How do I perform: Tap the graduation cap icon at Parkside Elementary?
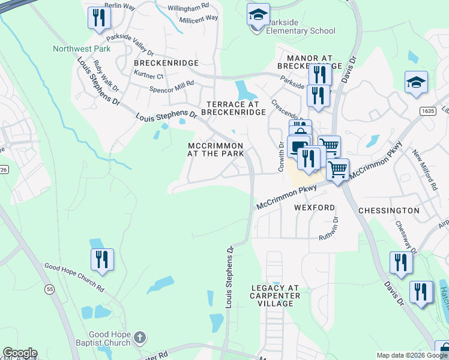click(x=258, y=15)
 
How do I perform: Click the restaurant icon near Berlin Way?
click(x=98, y=18)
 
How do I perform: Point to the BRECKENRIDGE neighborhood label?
click(x=157, y=62)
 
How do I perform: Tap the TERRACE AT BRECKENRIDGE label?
click(x=236, y=108)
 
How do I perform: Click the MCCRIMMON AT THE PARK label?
click(x=215, y=149)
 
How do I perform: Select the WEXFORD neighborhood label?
click(x=314, y=208)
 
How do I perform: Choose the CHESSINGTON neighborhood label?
click(x=388, y=211)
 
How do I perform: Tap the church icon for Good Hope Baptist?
click(x=139, y=337)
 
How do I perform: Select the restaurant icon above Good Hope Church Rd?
click(x=102, y=259)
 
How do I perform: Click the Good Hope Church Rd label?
click(x=74, y=277)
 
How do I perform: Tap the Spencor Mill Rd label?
click(x=172, y=87)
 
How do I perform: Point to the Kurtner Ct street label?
click(x=149, y=76)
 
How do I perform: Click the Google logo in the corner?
click(x=20, y=353)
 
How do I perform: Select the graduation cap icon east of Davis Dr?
click(x=416, y=83)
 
